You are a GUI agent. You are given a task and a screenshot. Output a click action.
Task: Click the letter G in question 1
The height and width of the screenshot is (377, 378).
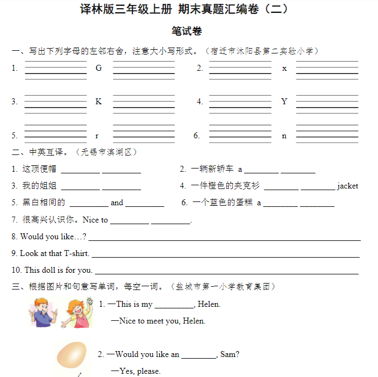coord(99,68)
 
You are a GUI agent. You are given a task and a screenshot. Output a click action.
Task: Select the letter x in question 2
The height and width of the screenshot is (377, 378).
coord(285,69)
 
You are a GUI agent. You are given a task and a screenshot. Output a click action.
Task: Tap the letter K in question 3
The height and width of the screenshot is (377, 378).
coord(99,102)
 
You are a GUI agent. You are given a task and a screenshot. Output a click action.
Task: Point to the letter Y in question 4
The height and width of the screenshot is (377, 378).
coord(285,102)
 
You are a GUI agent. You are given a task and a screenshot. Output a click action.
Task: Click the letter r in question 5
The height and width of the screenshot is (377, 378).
coord(97,136)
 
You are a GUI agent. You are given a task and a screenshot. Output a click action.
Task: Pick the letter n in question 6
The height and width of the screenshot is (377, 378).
coord(285,136)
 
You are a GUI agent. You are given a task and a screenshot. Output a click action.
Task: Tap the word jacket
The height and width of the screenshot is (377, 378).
coord(348,186)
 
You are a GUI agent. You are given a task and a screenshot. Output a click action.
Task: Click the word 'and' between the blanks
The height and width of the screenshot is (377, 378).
coord(117,203)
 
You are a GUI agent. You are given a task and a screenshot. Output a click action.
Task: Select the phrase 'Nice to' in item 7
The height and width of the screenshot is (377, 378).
coord(95,220)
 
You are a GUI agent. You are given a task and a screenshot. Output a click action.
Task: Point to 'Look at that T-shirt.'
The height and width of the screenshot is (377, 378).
coord(55,253)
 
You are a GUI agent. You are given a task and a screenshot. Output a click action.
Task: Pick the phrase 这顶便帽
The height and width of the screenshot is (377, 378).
coord(39,169)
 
